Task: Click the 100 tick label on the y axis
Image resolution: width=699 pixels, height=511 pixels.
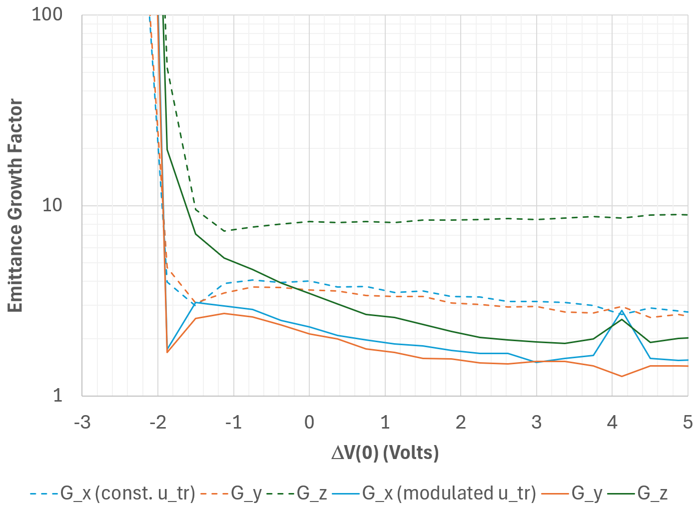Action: click(x=47, y=14)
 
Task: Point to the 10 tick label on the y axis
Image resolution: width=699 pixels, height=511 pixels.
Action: click(x=52, y=205)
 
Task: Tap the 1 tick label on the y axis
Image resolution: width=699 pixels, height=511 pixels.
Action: click(x=58, y=395)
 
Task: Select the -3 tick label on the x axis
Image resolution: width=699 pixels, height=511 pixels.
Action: click(x=82, y=423)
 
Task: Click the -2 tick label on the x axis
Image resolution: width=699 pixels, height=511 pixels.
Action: click(x=158, y=423)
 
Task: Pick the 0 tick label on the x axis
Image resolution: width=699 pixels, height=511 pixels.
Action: click(x=309, y=423)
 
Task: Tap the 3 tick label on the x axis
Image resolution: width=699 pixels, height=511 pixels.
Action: click(x=537, y=423)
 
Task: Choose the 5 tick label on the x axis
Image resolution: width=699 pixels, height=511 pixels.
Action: click(x=688, y=423)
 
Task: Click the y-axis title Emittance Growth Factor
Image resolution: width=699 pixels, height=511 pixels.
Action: click(x=15, y=205)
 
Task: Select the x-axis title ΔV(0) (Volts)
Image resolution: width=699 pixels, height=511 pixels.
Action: click(x=385, y=453)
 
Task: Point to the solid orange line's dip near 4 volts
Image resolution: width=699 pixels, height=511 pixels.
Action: click(x=622, y=376)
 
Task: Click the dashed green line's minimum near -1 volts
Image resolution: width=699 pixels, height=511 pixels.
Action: click(x=224, y=231)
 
